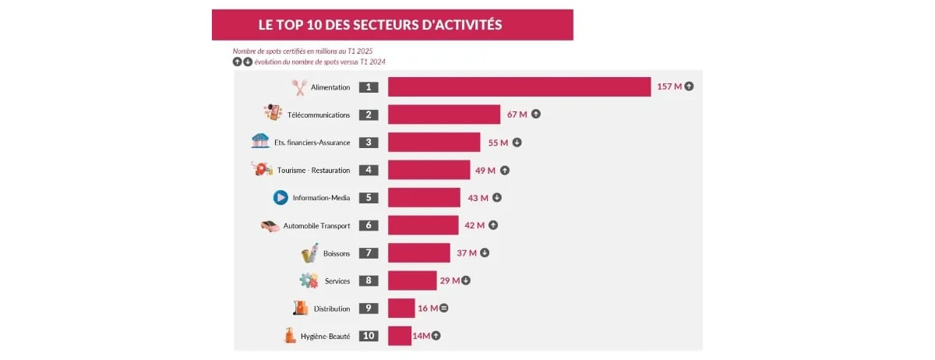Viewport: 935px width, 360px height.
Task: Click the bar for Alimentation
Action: (x=519, y=87)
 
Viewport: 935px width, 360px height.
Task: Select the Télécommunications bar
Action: (x=444, y=115)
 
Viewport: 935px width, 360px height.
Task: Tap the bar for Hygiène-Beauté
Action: (x=400, y=336)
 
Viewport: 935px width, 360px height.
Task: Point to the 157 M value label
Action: (x=669, y=86)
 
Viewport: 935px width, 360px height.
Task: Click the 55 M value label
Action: (x=498, y=143)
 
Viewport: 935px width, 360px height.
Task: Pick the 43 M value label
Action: (x=478, y=198)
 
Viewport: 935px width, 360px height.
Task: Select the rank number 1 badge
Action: (x=369, y=87)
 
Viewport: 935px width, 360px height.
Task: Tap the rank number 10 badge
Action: (x=369, y=336)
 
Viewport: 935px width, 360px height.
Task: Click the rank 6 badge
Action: (x=369, y=225)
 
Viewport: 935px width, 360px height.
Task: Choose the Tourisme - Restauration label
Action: (x=313, y=171)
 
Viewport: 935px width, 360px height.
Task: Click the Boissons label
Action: (x=337, y=254)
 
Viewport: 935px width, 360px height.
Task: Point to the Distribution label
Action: (x=332, y=309)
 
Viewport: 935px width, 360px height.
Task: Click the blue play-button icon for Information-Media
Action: (x=280, y=198)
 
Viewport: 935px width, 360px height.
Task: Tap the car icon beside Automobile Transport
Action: (x=270, y=226)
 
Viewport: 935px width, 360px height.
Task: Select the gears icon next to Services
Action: (x=309, y=281)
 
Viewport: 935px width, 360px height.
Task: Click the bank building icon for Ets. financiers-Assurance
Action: (x=260, y=141)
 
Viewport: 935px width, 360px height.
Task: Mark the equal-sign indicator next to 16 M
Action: (x=444, y=309)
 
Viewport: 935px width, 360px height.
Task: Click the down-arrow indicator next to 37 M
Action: (x=485, y=253)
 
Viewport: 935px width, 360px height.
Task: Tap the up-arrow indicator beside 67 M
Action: (x=536, y=115)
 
